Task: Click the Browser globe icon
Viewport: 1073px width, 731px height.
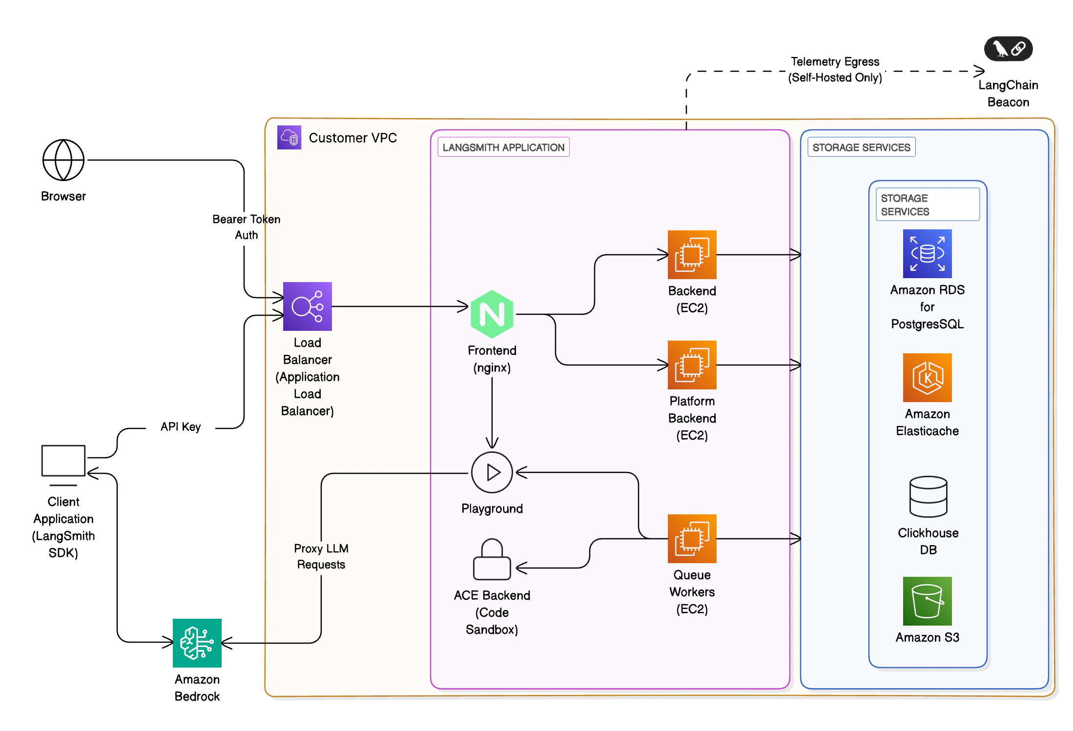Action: (63, 160)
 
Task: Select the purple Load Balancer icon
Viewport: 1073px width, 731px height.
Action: (307, 306)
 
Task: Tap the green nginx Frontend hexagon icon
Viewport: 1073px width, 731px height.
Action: (492, 314)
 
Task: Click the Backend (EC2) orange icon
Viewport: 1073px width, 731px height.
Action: (692, 255)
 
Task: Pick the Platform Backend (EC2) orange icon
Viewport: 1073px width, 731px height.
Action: (692, 365)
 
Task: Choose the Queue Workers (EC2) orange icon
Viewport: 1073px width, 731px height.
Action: (692, 539)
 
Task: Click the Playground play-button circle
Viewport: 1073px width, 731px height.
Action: (492, 472)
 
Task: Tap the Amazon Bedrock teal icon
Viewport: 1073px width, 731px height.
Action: (197, 643)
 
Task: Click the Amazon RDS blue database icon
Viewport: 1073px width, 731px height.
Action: (927, 254)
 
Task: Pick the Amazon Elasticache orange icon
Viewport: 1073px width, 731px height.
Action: (927, 378)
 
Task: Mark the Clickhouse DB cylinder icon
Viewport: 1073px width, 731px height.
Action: (928, 496)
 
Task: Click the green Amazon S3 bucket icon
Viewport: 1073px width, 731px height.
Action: (927, 601)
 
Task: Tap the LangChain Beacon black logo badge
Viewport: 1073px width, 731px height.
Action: (1008, 49)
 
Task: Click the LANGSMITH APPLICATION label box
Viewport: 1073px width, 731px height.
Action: (503, 147)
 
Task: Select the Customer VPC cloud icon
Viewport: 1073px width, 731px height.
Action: (289, 137)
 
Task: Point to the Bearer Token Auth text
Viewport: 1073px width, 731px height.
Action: (247, 227)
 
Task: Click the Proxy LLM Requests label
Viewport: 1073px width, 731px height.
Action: (321, 556)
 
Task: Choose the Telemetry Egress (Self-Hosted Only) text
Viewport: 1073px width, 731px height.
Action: (835, 69)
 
